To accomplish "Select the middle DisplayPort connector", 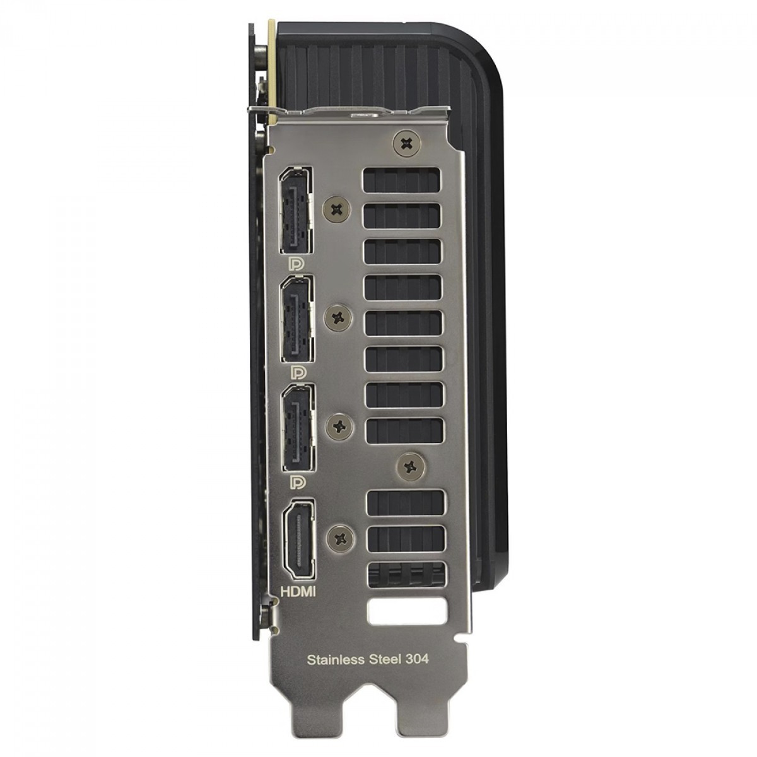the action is click(297, 319).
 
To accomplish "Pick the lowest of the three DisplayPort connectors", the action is click(298, 428).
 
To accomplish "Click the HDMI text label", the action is click(298, 592).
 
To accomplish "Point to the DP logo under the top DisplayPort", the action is click(296, 264).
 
